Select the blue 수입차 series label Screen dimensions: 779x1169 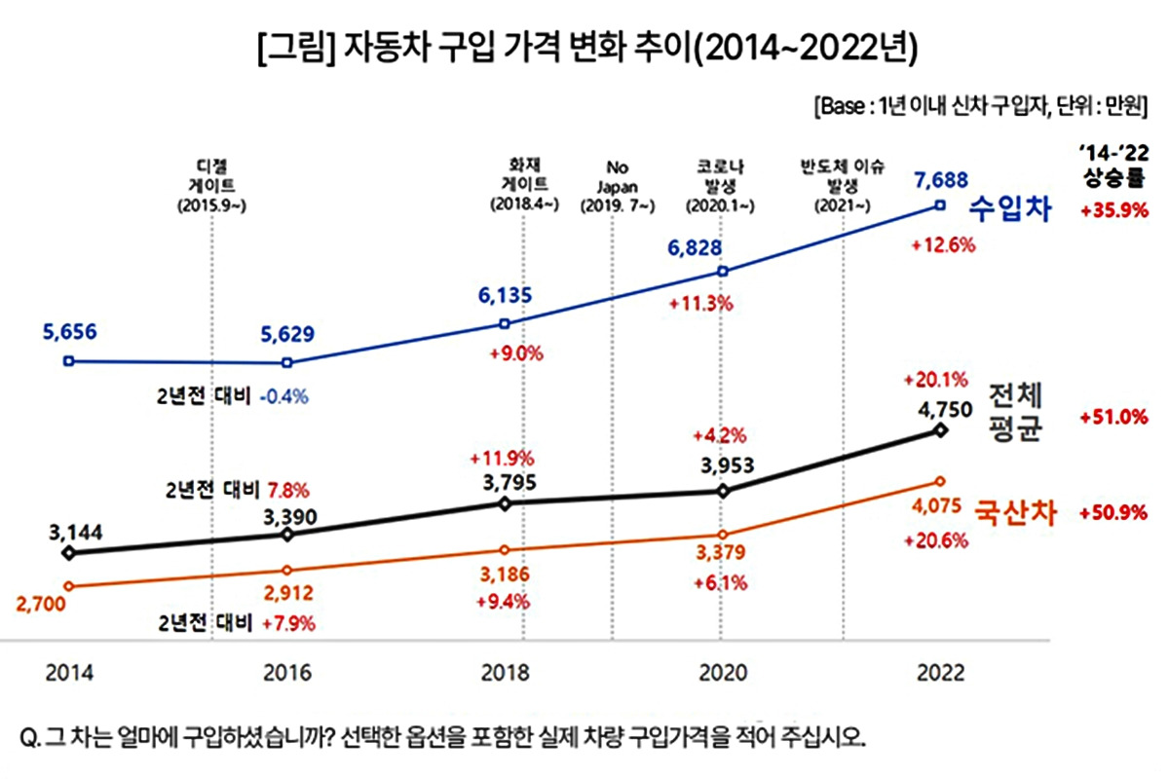[x=1014, y=208]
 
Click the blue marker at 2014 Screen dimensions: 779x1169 [x=67, y=360]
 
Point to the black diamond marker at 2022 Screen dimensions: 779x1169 [x=939, y=429]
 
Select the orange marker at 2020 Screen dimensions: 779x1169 [x=722, y=535]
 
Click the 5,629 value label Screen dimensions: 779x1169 [x=287, y=335]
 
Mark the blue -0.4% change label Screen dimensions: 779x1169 [x=284, y=396]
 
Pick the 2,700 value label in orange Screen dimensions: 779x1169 [x=41, y=605]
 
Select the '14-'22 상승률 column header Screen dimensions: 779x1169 [x=1113, y=166]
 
